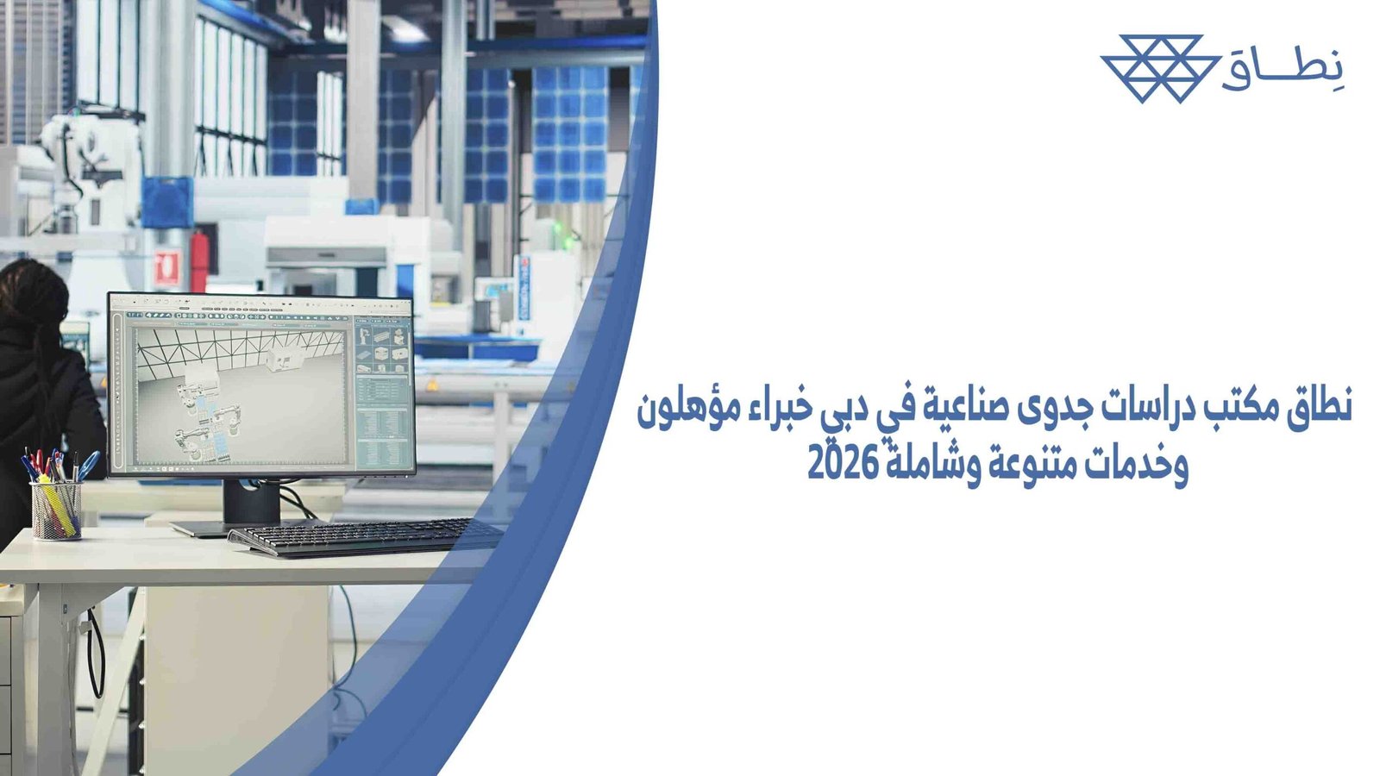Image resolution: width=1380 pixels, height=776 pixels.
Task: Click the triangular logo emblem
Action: (x=1160, y=68)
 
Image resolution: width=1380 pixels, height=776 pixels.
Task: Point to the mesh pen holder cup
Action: (x=56, y=510)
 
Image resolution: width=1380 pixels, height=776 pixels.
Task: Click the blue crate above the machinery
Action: (x=166, y=202)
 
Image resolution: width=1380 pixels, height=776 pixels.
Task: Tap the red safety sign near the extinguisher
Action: (x=168, y=267)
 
